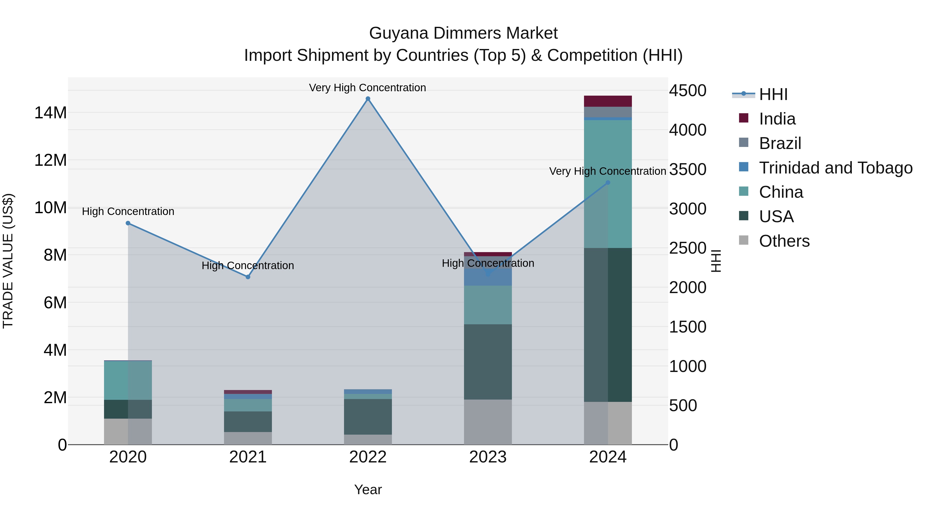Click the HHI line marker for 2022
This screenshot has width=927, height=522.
pos(368,99)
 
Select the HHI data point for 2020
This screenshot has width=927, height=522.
pos(128,223)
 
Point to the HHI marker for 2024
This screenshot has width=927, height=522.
pos(608,183)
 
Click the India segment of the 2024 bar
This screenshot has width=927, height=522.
pos(608,101)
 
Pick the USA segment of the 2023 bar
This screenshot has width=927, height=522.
pos(488,362)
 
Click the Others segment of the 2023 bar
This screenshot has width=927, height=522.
pos(488,422)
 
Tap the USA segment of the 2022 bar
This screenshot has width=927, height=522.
pos(368,417)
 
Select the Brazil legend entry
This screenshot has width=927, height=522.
pos(780,143)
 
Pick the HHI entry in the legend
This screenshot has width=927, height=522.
pos(773,94)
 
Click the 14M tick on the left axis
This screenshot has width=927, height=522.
pos(50,113)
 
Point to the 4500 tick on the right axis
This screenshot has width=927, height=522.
pos(687,91)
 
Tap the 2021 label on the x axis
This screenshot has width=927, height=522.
pos(248,457)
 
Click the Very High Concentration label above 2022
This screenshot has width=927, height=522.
pos(367,88)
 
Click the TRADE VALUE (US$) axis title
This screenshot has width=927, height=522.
pos(8,261)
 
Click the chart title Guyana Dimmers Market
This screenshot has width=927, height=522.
pos(463,33)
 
